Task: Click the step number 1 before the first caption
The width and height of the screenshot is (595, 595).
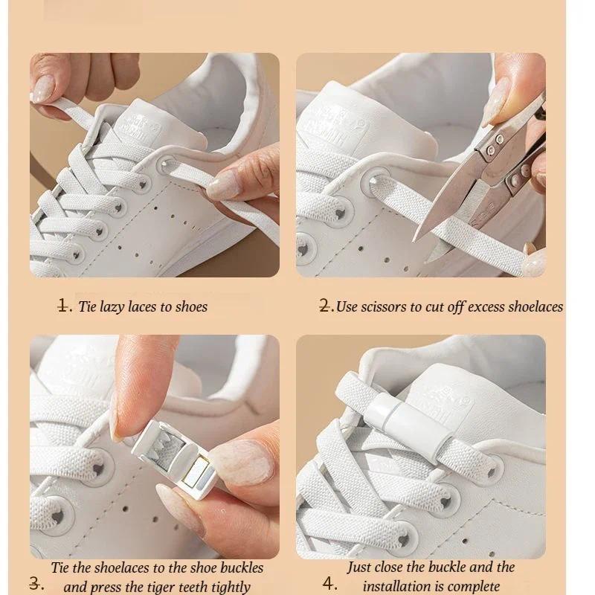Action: pos(63,306)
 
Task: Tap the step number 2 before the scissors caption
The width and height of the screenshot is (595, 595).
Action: pos(325,306)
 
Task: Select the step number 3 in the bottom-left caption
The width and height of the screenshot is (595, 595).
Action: pos(35,583)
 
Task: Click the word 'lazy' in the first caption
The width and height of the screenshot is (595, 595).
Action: pos(112,306)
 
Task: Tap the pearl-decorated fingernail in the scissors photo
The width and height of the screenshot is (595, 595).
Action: pos(534,263)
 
